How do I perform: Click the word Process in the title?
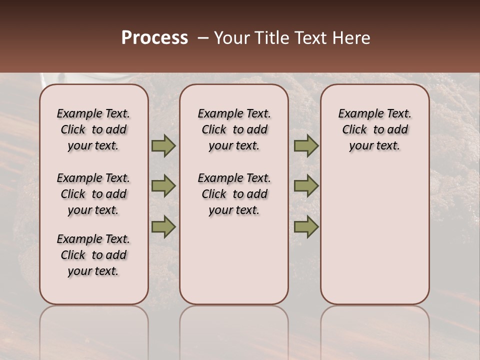[x=154, y=38]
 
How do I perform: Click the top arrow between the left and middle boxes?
[x=163, y=146]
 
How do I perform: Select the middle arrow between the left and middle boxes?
[x=163, y=186]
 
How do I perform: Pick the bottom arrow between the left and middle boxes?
[x=163, y=226]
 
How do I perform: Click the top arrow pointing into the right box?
[x=306, y=146]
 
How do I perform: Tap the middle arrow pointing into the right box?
[x=306, y=186]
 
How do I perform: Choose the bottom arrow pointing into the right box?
[x=306, y=226]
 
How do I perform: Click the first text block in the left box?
[x=93, y=129]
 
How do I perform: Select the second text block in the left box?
[x=93, y=194]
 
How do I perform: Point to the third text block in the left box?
[x=93, y=255]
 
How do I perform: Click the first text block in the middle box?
[x=234, y=129]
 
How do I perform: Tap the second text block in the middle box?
[x=234, y=194]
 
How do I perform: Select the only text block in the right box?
[x=375, y=129]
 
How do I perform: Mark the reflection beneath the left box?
[x=94, y=330]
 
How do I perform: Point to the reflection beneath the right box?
[x=375, y=330]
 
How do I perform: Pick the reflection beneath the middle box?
[x=234, y=330]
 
